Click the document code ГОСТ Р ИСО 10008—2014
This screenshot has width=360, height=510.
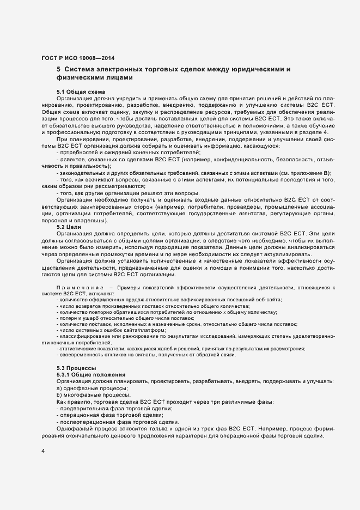[78, 58]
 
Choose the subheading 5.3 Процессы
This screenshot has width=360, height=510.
[77, 368]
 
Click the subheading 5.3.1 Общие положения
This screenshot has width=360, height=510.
[91, 374]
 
